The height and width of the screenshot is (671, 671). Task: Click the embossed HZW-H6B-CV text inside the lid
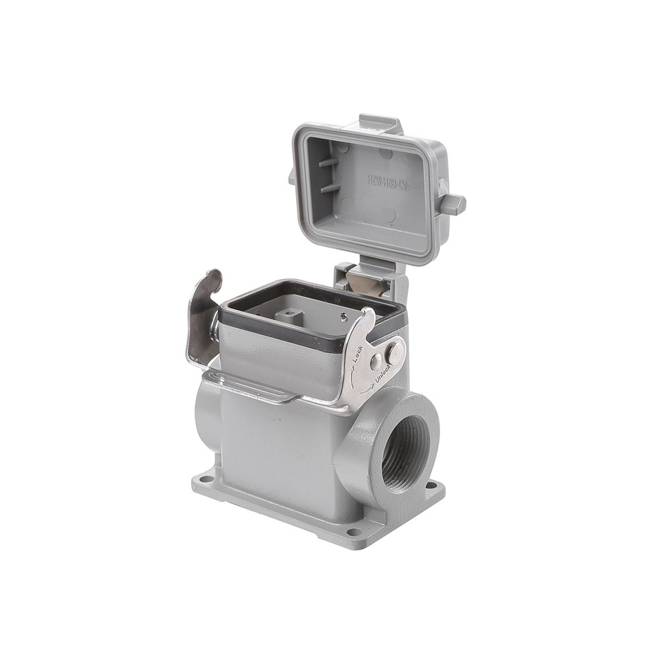coord(387,181)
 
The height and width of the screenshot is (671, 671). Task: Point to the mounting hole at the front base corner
coord(354,532)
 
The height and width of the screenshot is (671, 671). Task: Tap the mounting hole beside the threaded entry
coord(431,486)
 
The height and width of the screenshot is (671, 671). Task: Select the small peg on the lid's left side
coord(292,177)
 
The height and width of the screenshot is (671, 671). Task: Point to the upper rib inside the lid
coord(329,162)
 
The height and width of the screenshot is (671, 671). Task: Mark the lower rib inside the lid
coord(330,187)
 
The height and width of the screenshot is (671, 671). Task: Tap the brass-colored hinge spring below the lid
coord(367,285)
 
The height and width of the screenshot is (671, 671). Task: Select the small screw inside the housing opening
coord(344,318)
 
